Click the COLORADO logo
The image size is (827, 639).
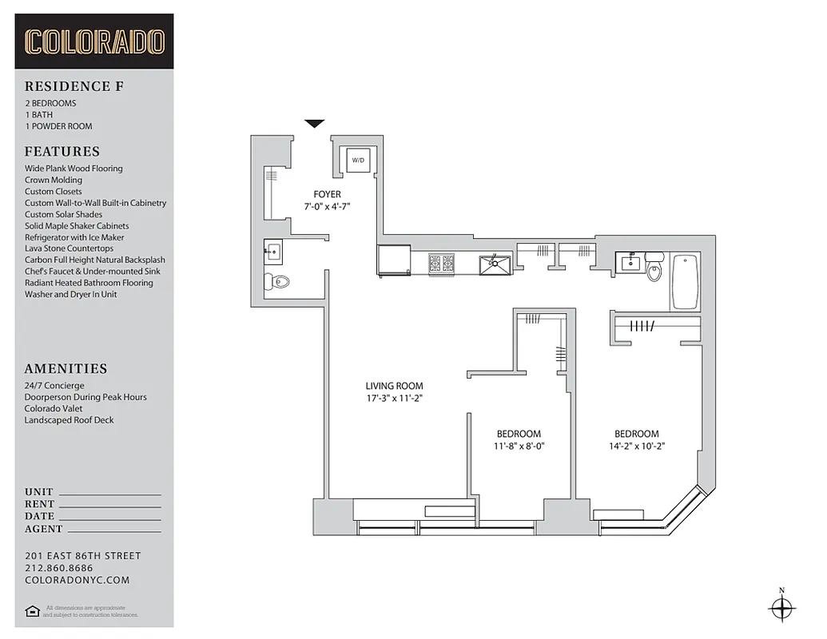point(94,42)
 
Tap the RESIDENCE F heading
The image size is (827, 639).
point(74,86)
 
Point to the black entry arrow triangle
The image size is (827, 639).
point(315,123)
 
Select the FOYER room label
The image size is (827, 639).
point(328,194)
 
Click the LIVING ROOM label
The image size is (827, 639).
point(394,386)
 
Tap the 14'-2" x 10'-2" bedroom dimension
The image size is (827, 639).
point(637,447)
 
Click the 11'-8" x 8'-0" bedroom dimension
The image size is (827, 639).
point(519,447)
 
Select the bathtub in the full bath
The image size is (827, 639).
point(685,281)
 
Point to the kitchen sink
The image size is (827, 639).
point(496,263)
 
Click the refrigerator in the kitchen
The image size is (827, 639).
point(393,260)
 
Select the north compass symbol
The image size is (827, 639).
point(781,609)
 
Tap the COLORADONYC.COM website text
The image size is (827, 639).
point(77,581)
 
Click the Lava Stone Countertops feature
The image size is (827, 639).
point(69,248)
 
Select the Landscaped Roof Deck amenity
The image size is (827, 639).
point(69,420)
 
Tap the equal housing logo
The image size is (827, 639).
point(32,611)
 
